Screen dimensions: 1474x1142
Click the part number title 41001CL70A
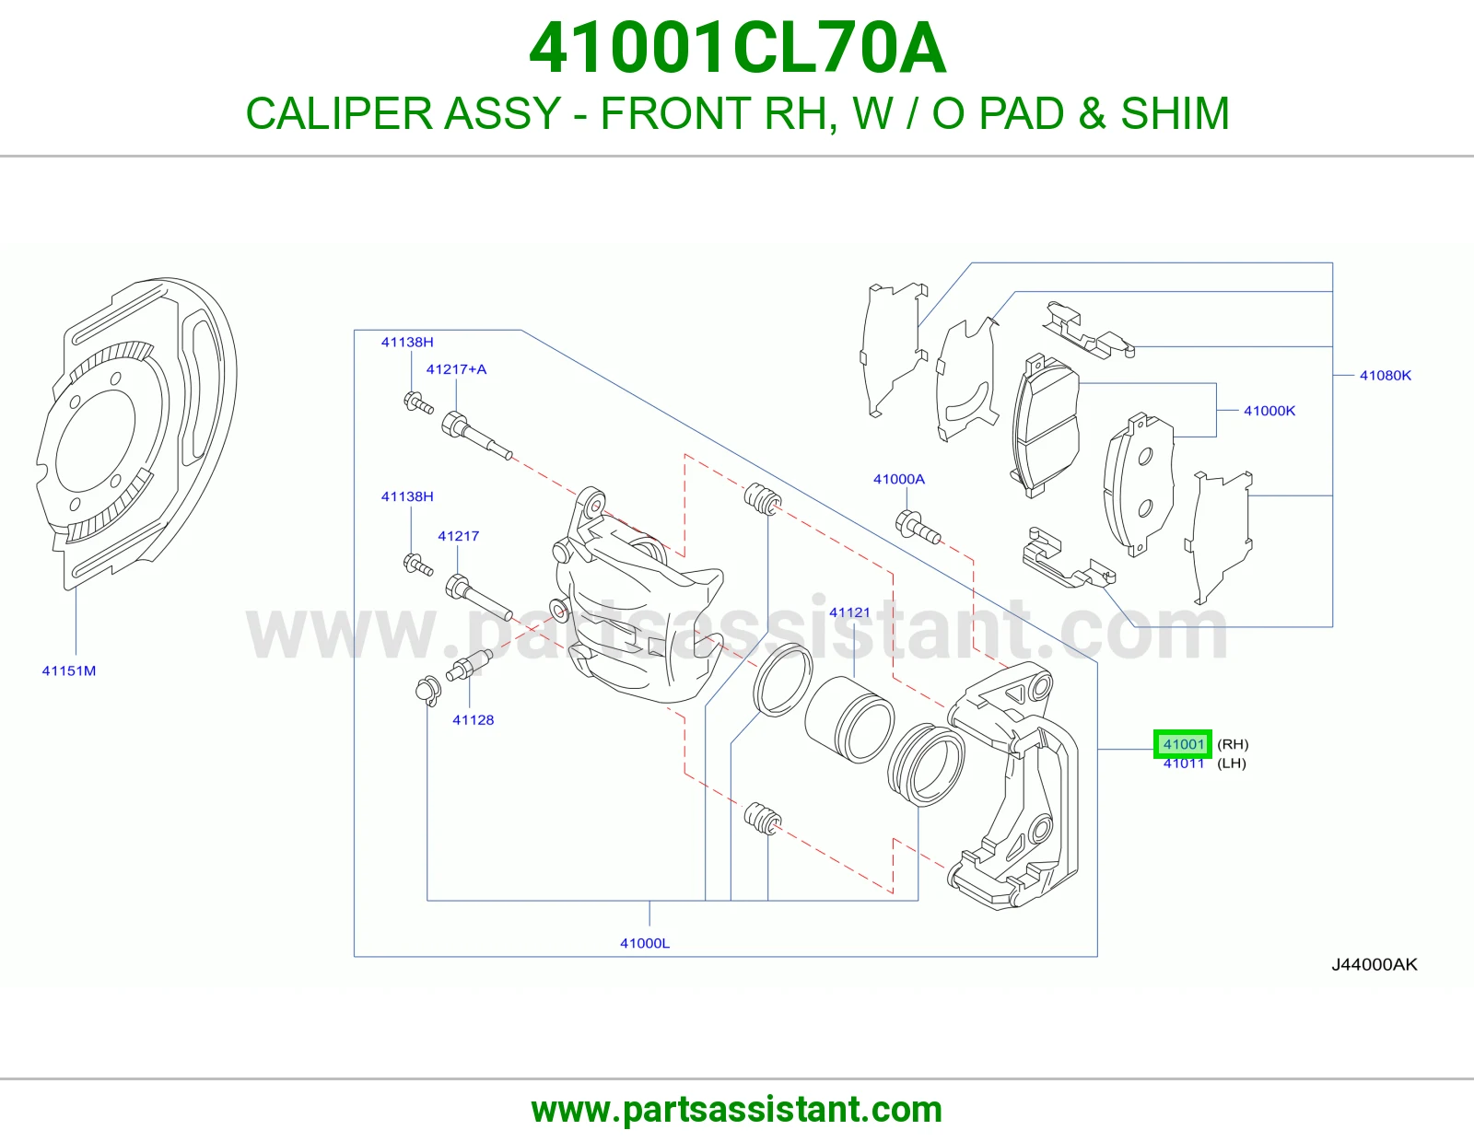pos(737,48)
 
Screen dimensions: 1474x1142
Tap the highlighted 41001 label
pos(1183,744)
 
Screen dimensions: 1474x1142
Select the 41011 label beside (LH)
pos(1183,763)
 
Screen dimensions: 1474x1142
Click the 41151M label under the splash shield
pos(69,670)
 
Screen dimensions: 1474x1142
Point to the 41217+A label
pos(456,369)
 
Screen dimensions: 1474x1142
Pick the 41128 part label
pos(473,720)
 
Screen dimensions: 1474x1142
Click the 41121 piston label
pos(849,612)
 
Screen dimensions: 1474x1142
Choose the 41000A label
pos(899,479)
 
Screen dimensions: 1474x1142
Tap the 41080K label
pos(1386,375)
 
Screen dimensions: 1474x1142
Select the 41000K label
pos(1269,410)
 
